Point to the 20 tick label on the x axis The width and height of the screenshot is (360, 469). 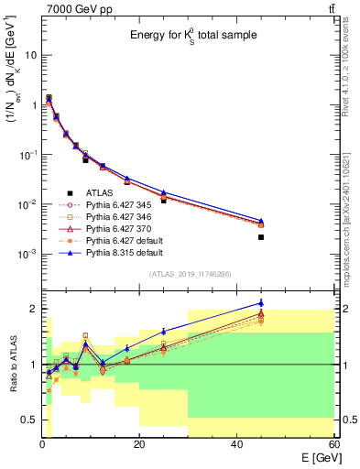139,443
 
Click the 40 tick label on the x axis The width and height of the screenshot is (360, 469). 236,443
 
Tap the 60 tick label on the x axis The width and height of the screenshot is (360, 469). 333,443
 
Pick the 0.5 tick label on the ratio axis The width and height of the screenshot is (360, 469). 27,420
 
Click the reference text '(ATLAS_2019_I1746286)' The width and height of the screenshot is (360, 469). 190,274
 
